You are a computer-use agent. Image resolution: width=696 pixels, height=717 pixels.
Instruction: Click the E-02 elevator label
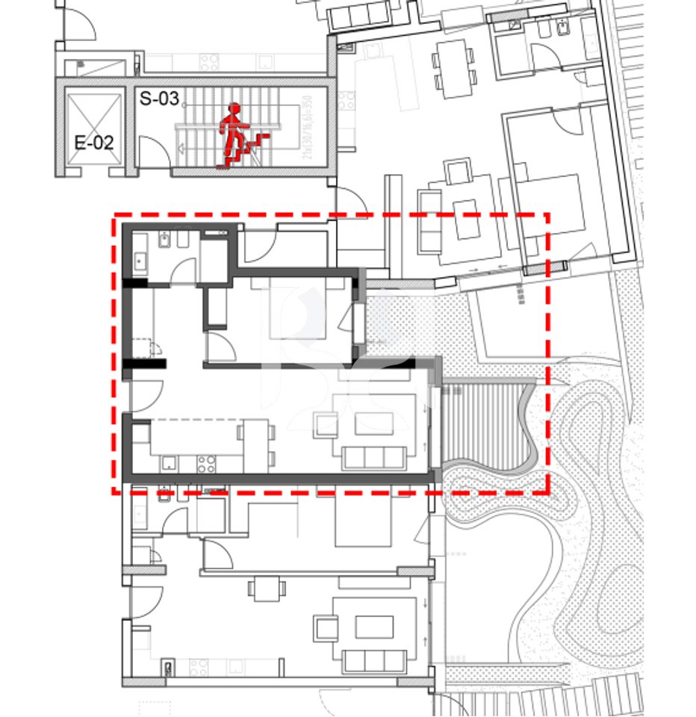[x=94, y=142]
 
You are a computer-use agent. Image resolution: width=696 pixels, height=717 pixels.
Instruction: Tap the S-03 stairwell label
[x=159, y=98]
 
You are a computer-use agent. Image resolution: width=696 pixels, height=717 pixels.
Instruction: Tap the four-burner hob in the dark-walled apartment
[x=206, y=463]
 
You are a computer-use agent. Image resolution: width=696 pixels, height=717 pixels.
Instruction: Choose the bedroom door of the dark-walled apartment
[x=220, y=346]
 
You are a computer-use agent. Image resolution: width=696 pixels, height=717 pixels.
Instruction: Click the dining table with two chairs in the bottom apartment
[x=267, y=589]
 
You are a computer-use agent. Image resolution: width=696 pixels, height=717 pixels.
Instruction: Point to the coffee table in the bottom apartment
[x=373, y=626]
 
